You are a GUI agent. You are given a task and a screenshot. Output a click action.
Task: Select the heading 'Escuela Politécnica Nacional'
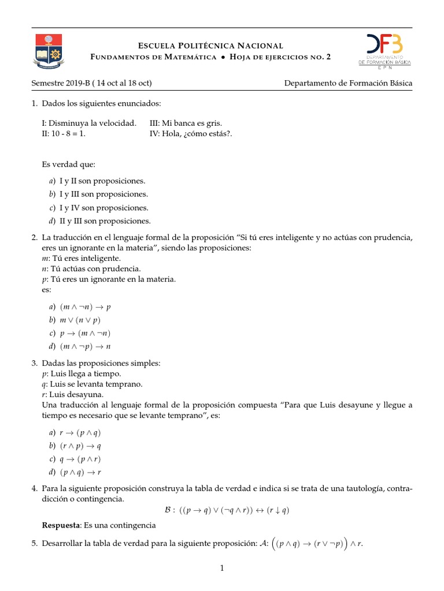[210, 46]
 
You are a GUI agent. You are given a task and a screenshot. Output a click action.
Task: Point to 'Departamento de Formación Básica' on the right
[348, 83]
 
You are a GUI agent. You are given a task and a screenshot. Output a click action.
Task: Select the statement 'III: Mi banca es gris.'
[185, 123]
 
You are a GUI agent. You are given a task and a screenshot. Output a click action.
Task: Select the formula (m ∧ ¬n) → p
[85, 307]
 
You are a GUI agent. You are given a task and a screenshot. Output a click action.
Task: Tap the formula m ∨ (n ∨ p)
[80, 320]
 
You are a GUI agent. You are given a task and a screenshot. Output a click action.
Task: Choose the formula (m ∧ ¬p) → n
[85, 346]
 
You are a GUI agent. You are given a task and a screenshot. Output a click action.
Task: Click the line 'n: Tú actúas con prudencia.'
[87, 268]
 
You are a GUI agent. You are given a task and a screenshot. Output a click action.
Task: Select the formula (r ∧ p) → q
[80, 446]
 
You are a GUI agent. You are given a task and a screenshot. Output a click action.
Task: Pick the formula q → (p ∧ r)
[80, 459]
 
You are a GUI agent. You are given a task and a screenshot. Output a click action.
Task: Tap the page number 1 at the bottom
[221, 568]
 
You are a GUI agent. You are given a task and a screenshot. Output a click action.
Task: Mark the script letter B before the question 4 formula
[168, 510]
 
